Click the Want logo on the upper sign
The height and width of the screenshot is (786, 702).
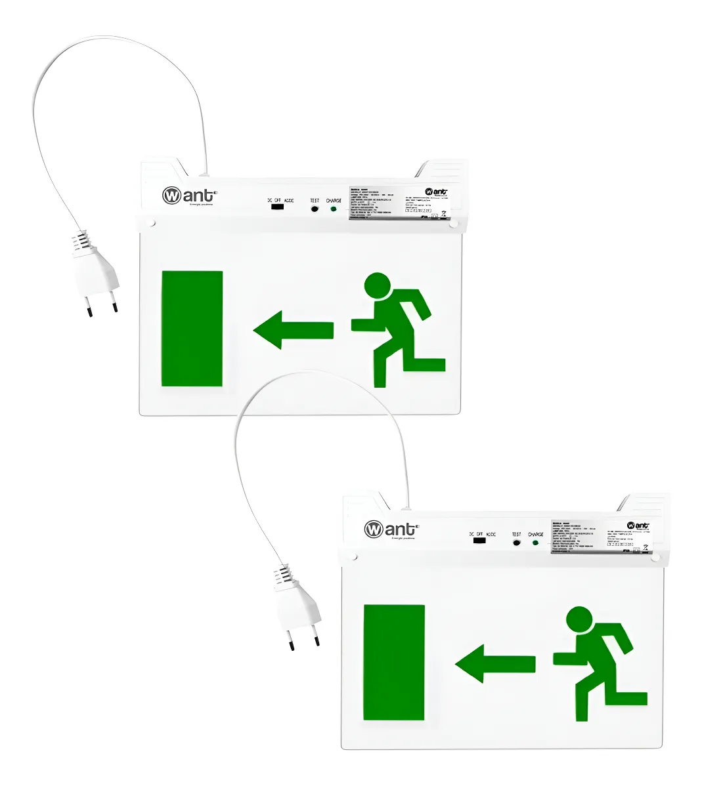click(189, 196)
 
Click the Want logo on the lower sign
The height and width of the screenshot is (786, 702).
click(391, 529)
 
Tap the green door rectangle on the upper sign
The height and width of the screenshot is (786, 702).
click(192, 328)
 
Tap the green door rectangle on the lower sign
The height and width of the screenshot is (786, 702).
click(394, 662)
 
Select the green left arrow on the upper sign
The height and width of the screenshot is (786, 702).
click(292, 330)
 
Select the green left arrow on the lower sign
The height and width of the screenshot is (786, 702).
click(494, 663)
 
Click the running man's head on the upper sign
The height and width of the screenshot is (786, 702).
click(378, 286)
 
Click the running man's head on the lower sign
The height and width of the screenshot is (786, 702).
click(579, 620)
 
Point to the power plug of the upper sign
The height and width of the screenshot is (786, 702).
click(95, 274)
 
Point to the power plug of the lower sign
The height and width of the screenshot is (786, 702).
click(297, 608)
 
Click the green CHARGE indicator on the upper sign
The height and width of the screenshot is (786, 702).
click(334, 209)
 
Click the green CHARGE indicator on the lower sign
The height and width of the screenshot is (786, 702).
click(535, 543)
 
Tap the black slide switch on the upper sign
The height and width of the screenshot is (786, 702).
click(277, 207)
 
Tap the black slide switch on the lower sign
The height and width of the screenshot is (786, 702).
click(479, 541)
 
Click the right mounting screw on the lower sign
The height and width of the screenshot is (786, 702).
click(655, 558)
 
